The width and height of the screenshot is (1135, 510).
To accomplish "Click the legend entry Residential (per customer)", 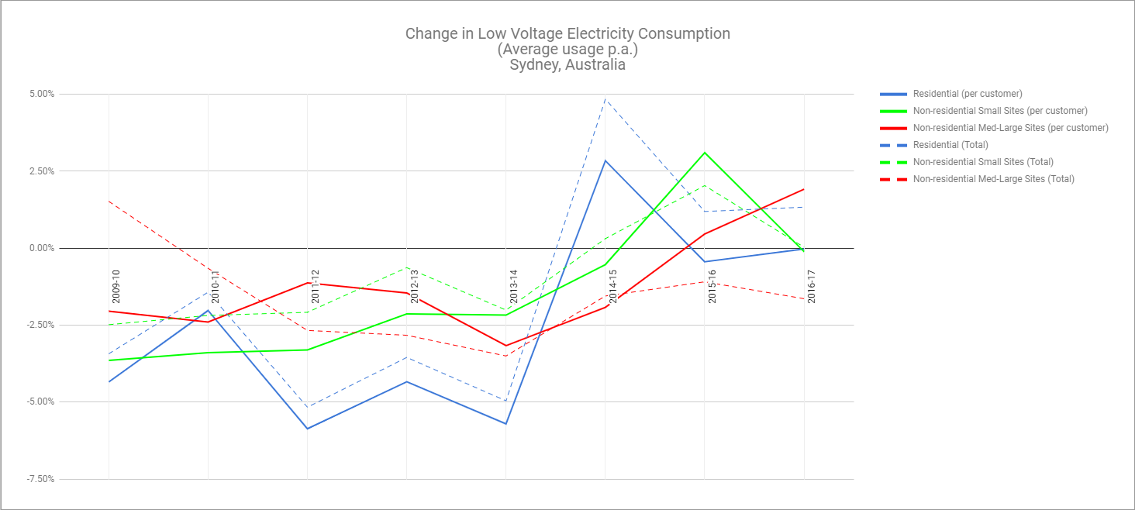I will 968,94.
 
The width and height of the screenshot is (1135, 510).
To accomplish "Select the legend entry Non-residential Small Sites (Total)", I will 983,162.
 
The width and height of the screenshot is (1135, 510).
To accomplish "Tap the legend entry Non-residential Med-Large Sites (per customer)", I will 1011,128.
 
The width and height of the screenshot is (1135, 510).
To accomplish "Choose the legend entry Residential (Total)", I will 950,145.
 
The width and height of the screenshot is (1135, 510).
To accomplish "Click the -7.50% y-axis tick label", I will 40,479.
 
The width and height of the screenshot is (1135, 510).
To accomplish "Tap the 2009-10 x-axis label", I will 116,287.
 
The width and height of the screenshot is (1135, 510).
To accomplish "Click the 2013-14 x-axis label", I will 513,287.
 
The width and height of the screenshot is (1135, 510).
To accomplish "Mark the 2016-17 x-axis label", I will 811,287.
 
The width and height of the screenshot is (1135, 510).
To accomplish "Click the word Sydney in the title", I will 533,65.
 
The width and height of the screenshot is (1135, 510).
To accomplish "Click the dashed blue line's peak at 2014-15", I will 605,99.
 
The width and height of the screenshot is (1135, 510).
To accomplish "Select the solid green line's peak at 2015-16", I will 704,153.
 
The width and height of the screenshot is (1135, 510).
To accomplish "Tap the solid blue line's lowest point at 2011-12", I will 308,429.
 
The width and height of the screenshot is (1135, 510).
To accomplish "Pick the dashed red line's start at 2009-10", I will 109,202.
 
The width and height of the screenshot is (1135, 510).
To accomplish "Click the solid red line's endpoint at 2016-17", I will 803,189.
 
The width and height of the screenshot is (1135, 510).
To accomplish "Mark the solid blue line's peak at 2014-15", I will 605,160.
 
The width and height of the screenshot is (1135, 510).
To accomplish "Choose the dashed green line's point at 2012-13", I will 407,267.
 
